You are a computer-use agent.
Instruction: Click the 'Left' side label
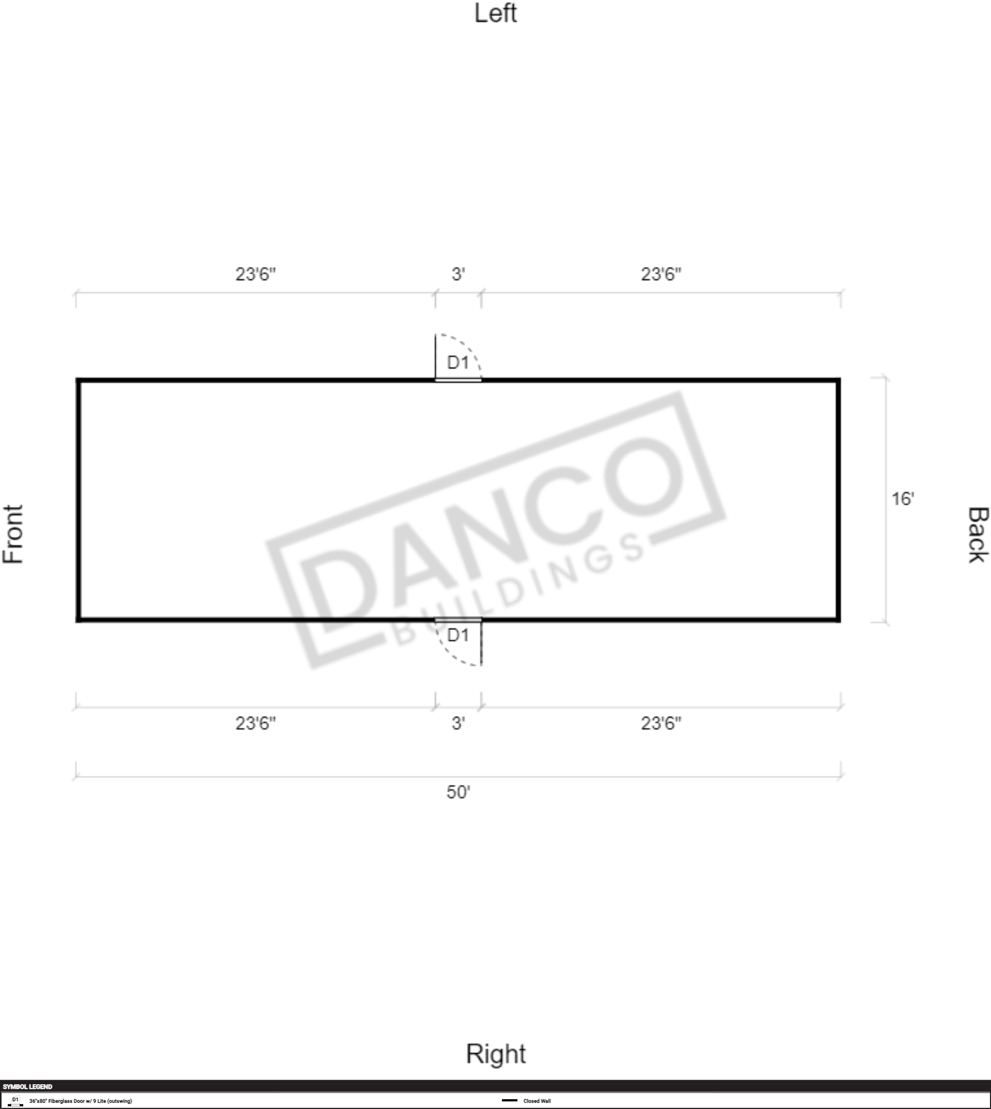click(x=496, y=13)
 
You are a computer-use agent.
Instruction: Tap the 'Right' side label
click(x=496, y=1053)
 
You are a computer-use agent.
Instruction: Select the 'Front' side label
click(x=13, y=534)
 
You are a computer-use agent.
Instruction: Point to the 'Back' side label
click(x=978, y=535)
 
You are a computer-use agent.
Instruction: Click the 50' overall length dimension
click(x=458, y=792)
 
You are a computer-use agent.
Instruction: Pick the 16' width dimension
click(x=902, y=498)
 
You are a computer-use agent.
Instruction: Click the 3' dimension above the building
click(x=458, y=274)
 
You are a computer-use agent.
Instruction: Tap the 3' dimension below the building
click(x=458, y=723)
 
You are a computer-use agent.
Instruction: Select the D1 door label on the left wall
click(x=458, y=362)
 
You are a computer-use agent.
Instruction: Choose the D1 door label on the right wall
click(x=458, y=635)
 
